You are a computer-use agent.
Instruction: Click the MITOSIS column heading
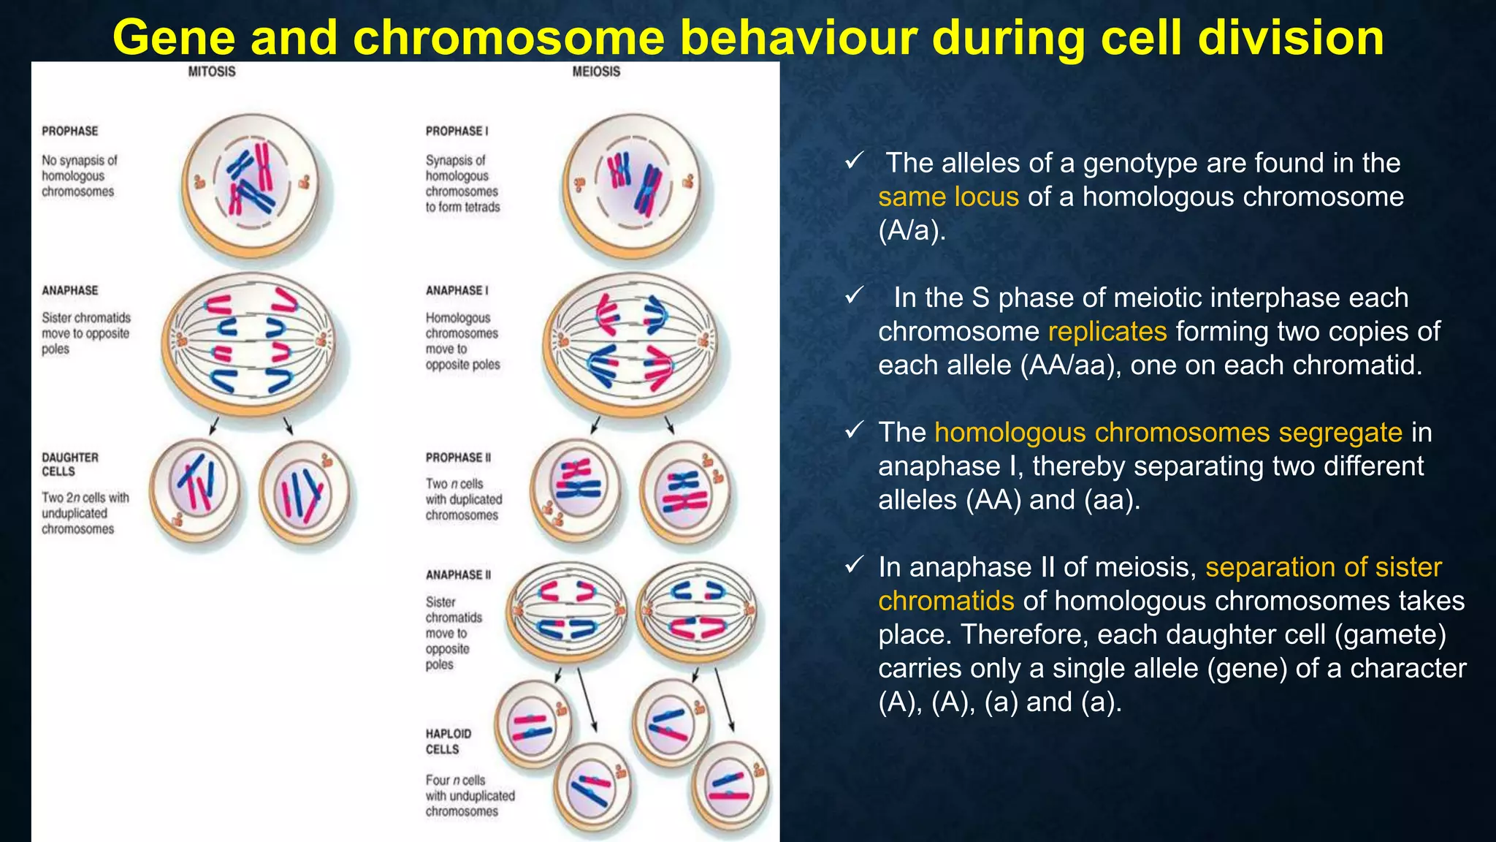click(x=212, y=72)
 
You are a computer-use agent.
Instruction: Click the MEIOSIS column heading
click(x=596, y=72)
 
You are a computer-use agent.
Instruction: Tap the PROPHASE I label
click(x=457, y=131)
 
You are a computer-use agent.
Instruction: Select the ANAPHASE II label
click(x=458, y=575)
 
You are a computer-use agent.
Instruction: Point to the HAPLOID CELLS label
click(x=448, y=741)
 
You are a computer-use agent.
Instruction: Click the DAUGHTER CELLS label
click(x=70, y=464)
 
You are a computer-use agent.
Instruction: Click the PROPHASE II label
click(x=458, y=458)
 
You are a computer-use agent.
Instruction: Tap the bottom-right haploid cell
click(x=730, y=788)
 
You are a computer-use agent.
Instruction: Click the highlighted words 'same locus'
click(x=948, y=197)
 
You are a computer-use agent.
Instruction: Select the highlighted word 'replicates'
click(x=1107, y=331)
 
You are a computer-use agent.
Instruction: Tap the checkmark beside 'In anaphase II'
click(x=854, y=566)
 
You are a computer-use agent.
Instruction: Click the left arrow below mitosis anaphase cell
click(x=213, y=426)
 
